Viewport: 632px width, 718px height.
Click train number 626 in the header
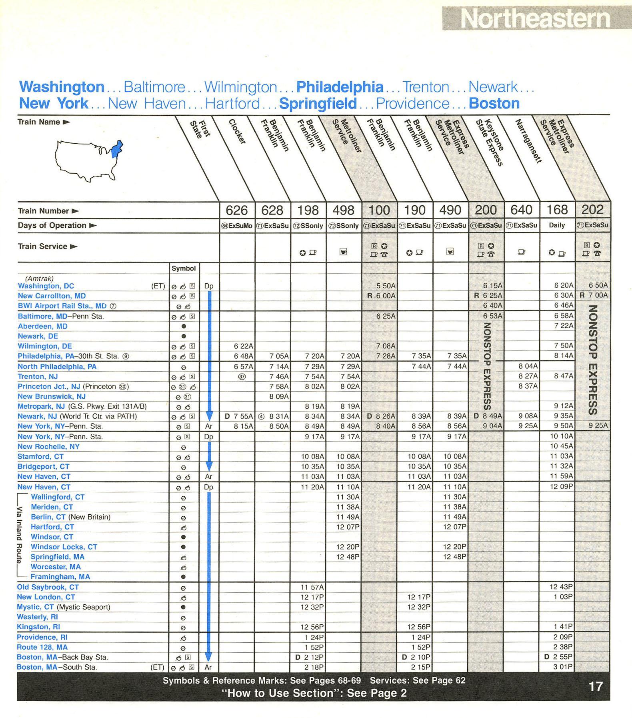tap(237, 210)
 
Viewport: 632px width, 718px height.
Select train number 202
tap(592, 210)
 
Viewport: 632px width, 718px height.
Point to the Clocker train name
tap(237, 132)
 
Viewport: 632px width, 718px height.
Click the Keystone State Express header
tap(494, 142)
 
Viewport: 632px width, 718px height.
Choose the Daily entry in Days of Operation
tap(557, 225)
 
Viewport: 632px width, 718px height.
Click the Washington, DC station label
tap(46, 286)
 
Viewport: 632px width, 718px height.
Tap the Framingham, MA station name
tap(60, 577)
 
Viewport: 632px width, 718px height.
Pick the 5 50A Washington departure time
tap(386, 286)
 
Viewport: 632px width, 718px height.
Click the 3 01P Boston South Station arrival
tap(563, 667)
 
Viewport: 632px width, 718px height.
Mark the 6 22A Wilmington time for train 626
tap(244, 346)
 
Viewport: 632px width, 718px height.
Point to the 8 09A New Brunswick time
tap(279, 396)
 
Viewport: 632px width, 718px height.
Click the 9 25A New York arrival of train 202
tap(598, 426)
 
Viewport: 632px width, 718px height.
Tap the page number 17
tap(595, 687)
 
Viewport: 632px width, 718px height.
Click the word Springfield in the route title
tap(318, 104)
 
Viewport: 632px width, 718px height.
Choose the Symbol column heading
tap(184, 269)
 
